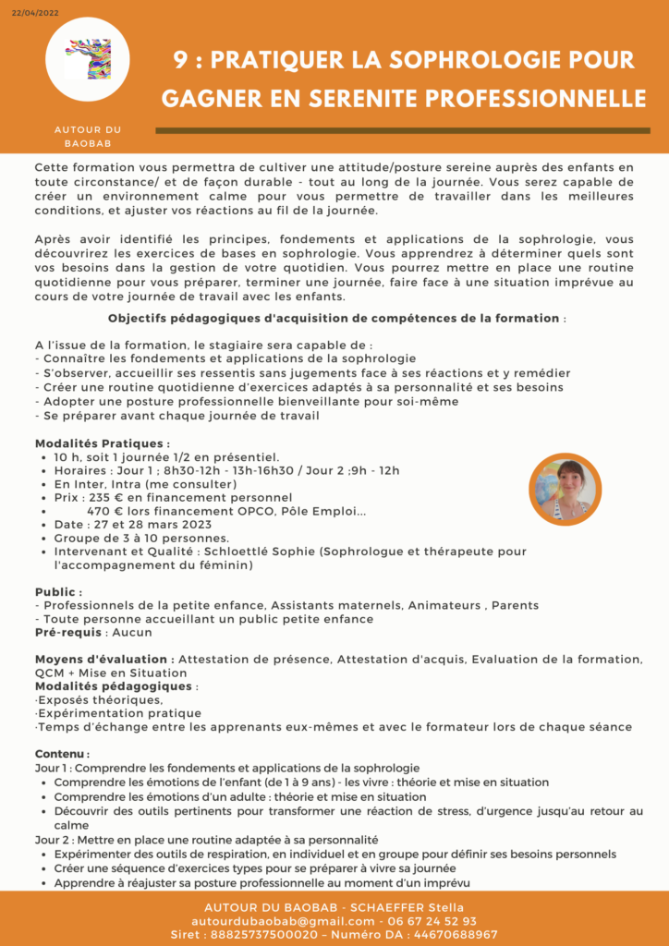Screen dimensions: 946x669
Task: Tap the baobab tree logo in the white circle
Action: [x=88, y=58]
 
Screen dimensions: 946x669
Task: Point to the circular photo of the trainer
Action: [x=565, y=490]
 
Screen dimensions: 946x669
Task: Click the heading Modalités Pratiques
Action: [x=102, y=443]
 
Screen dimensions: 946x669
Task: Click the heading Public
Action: [x=58, y=592]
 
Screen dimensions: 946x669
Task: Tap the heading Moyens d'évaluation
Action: [x=104, y=659]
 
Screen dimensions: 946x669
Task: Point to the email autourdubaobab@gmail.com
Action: [x=283, y=921]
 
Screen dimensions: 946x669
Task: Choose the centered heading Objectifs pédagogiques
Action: [x=334, y=319]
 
